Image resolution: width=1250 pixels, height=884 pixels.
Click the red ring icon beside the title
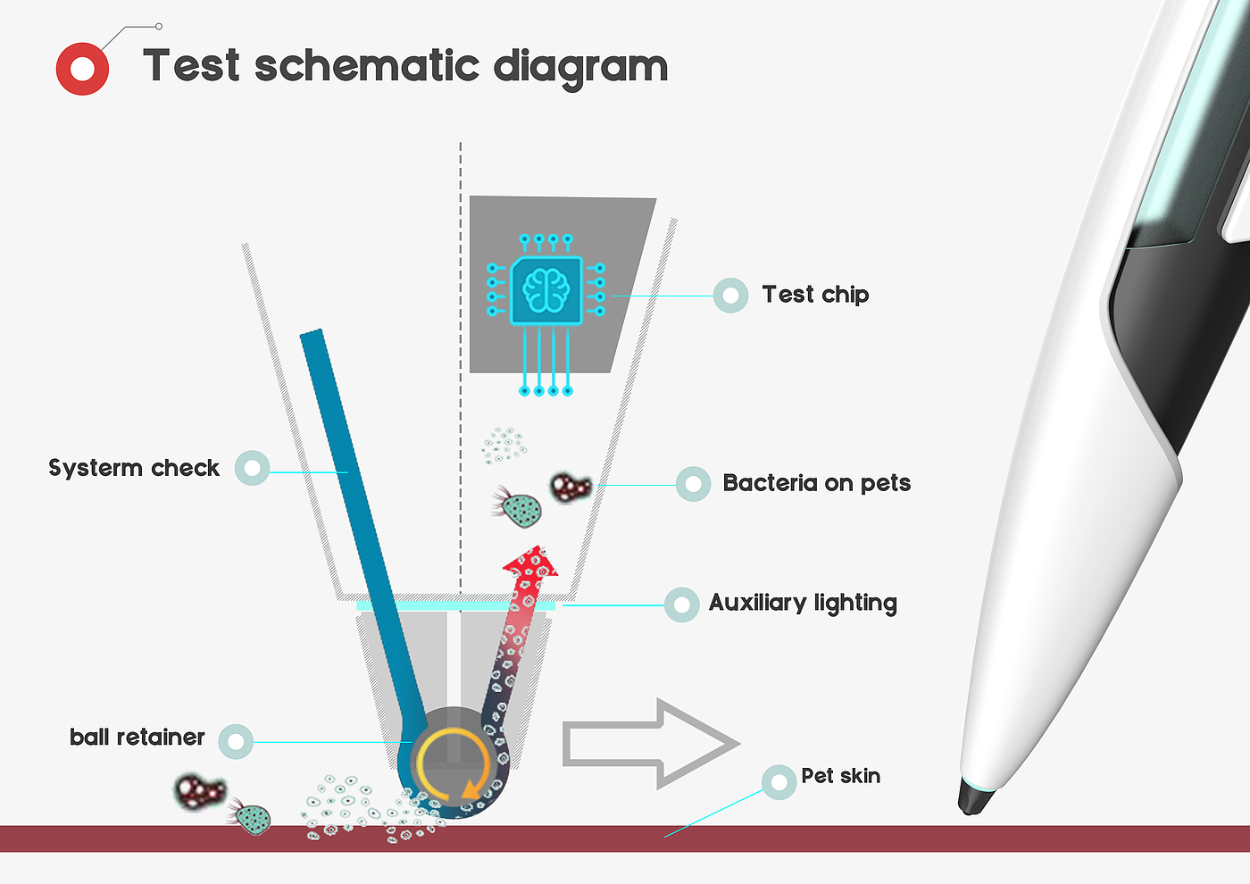pos(82,69)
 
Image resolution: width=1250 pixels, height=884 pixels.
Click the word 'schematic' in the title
pos(367,66)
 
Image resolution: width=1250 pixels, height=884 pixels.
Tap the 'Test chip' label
pos(815,295)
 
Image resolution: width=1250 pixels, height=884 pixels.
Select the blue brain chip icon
pos(546,290)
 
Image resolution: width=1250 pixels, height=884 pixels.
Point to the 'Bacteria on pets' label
pos(816,483)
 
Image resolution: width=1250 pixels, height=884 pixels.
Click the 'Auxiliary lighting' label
pos(803,604)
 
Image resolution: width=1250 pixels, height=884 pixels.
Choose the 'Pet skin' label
pos(840,776)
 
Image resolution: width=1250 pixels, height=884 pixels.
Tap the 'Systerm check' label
pos(134,468)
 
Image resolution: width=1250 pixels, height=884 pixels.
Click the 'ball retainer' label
pos(137,738)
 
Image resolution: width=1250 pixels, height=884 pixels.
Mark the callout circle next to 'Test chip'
pos(730,295)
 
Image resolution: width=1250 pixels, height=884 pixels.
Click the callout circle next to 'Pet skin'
pos(779,782)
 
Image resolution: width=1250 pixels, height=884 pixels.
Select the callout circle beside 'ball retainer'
pos(236,741)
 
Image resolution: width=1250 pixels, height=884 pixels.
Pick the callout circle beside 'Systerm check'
pos(252,468)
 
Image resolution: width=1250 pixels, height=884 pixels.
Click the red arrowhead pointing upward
pos(531,563)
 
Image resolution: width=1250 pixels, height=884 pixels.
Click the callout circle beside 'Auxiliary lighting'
pos(681,605)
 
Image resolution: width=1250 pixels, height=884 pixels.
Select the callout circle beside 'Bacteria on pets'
pos(693,484)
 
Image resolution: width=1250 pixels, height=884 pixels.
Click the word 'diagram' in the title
pos(580,66)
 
